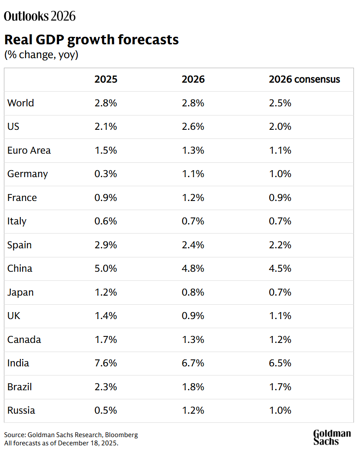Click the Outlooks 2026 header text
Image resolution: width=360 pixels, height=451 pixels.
40,16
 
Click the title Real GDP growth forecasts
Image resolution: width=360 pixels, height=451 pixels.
91,40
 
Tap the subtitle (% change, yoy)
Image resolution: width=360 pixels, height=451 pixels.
41,55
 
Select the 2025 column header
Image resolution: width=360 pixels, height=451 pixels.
106,79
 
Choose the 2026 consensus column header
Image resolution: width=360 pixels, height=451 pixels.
304,79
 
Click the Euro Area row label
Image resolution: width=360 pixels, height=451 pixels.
29,150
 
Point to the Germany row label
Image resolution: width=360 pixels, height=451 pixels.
27,174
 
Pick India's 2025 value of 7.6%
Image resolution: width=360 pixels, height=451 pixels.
106,363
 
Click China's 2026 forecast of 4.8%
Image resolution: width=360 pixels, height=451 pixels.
193,268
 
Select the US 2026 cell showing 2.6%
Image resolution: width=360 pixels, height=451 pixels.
193,127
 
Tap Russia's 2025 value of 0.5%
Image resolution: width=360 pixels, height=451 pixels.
106,410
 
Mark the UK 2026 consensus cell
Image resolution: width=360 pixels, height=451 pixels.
280,316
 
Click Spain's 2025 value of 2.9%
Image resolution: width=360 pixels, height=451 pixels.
106,245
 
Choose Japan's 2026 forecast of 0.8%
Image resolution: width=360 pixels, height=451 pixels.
193,292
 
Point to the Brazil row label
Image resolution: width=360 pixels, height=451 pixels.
20,387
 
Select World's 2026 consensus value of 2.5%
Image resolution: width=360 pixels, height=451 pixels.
280,103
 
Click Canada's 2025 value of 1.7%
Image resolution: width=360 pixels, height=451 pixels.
106,339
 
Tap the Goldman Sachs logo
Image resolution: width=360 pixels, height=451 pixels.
332,437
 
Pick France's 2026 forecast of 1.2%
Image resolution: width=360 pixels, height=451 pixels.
193,198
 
